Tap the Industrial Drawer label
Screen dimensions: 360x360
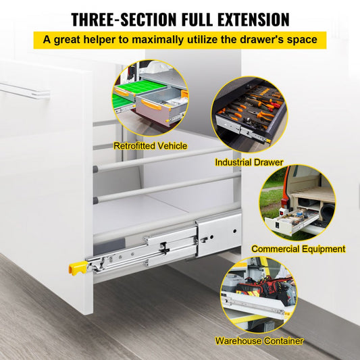point(249,162)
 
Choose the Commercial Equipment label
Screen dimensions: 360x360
point(298,249)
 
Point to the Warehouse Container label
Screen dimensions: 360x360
point(259,341)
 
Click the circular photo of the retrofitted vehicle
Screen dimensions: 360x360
point(151,99)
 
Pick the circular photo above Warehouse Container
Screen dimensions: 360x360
point(259,295)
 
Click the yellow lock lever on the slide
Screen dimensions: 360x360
point(76,267)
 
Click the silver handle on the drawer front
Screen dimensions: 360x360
point(25,90)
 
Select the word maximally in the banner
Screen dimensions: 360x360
point(162,39)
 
